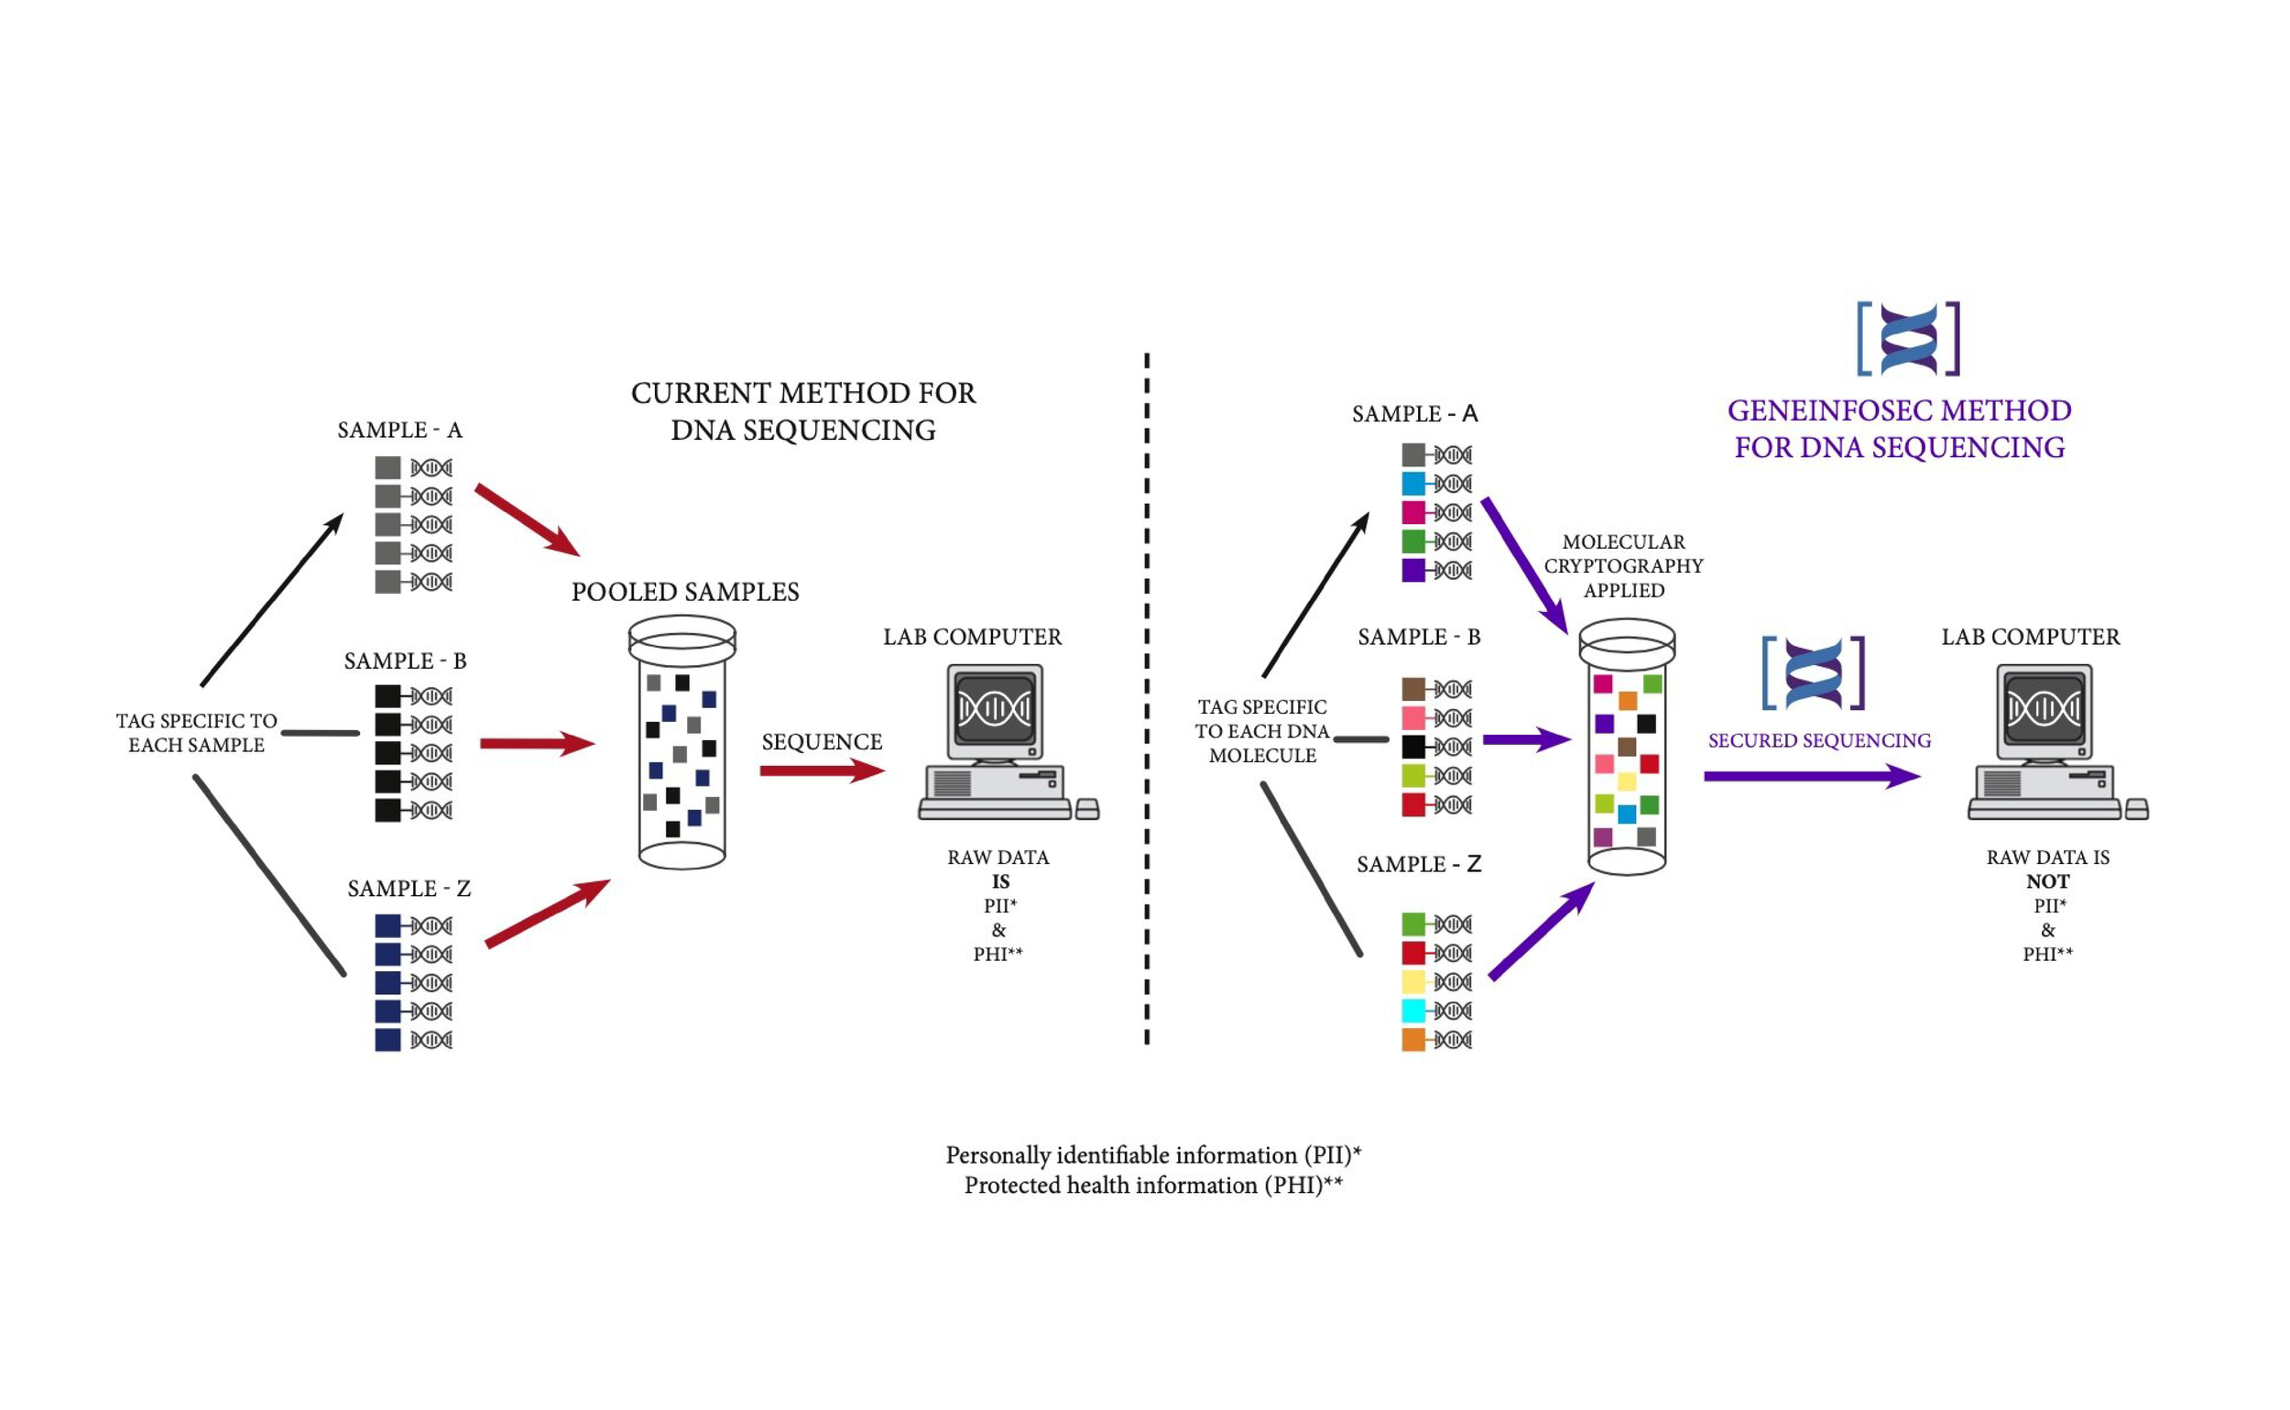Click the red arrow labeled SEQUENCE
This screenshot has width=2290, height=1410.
(821, 771)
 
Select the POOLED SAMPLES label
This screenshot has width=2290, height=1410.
(685, 592)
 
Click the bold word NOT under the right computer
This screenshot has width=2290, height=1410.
(2047, 881)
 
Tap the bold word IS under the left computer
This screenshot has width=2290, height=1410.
(999, 881)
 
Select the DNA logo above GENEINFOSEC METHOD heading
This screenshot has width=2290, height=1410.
(1909, 338)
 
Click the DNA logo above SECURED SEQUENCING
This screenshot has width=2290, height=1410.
(1814, 673)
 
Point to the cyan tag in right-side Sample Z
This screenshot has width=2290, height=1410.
(1413, 1011)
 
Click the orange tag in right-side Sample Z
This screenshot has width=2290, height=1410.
(1413, 1040)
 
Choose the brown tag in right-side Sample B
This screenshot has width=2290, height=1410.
(1413, 689)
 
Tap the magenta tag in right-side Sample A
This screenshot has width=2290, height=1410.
(1413, 512)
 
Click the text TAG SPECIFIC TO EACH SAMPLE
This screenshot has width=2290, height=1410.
(196, 733)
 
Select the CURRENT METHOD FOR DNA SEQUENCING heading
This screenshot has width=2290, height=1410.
(802, 411)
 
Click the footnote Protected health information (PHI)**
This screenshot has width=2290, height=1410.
(1153, 1186)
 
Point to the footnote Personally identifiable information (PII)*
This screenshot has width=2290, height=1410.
(1153, 1155)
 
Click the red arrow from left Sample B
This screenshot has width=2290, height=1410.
(537, 743)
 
